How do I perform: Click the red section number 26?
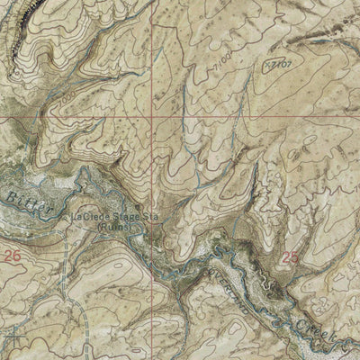[x=11, y=256]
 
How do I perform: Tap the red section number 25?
[x=288, y=258]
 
